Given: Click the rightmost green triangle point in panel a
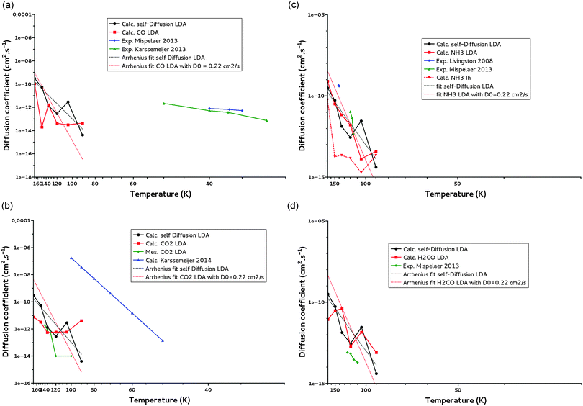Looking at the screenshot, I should [x=267, y=120].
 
